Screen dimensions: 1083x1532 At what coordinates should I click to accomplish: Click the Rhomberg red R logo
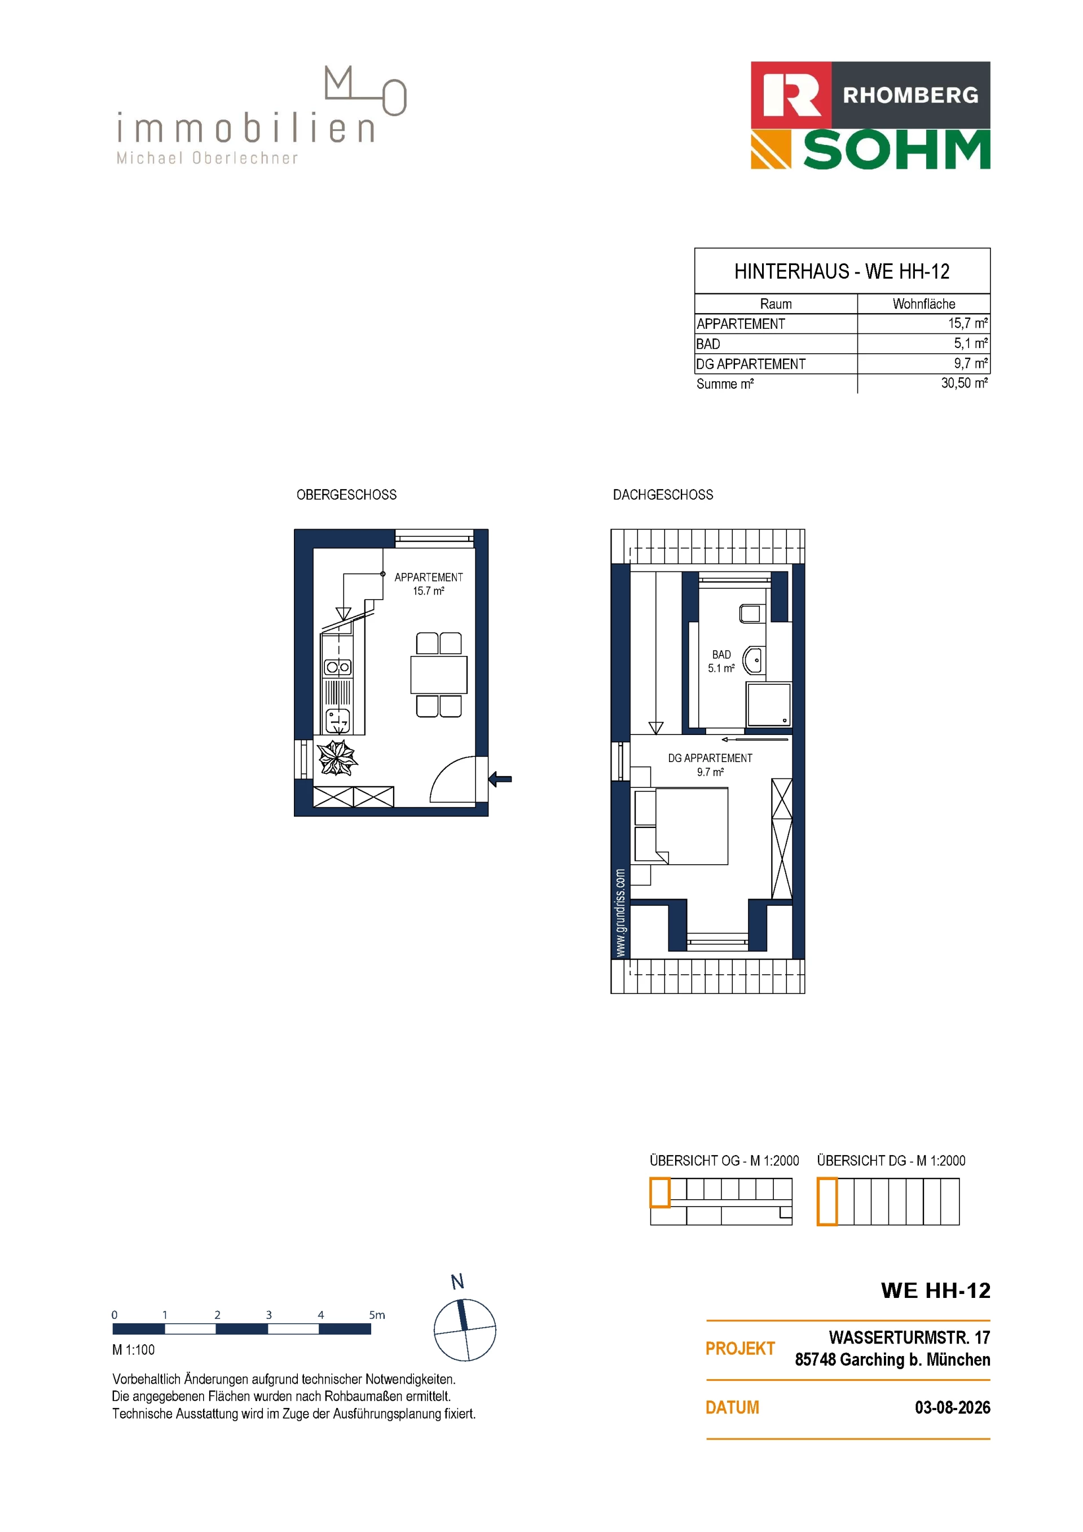791,95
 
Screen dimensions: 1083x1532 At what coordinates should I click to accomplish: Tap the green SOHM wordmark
897,150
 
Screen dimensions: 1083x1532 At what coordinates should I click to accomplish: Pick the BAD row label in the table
708,344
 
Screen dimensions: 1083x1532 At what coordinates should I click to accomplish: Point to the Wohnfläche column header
923,303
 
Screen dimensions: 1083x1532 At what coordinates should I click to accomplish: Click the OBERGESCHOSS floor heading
346,495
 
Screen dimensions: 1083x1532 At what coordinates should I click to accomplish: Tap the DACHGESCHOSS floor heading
663,495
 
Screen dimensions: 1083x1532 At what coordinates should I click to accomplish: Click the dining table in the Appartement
438,675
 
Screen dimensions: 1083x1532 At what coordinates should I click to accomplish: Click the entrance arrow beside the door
500,778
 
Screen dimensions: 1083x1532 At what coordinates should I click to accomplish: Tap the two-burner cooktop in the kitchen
338,667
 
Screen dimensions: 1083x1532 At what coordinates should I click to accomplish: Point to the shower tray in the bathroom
769,704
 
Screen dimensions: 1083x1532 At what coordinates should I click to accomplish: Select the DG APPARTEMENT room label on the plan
710,758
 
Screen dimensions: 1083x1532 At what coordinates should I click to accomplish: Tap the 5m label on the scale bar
377,1314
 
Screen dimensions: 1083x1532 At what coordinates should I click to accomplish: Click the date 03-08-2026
952,1407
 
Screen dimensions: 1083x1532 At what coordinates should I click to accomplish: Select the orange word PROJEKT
740,1349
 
